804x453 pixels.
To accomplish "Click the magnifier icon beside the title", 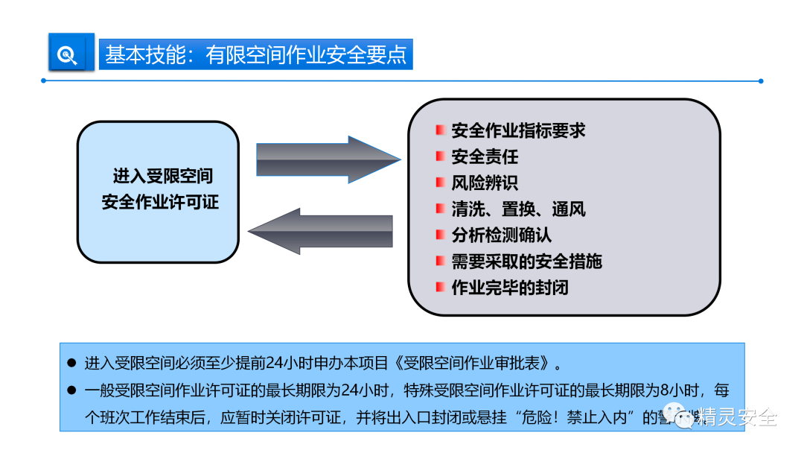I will tap(68, 54).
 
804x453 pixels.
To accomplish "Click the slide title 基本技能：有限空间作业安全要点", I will tap(255, 55).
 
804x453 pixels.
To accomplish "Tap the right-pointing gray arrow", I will tap(328, 159).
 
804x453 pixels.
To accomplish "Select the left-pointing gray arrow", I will tap(321, 231).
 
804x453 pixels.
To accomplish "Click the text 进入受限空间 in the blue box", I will tap(162, 177).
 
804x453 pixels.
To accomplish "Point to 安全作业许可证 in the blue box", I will tap(160, 202).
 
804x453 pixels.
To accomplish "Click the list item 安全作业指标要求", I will tap(518, 131).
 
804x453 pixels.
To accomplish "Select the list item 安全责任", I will tap(485, 157).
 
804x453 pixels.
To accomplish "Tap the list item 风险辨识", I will tap(485, 183).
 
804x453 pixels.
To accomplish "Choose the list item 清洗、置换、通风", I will tap(518, 209).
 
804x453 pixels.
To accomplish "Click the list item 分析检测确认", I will tap(501, 235).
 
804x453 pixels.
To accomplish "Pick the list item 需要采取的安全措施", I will tap(526, 262).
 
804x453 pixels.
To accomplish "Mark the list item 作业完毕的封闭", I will tap(510, 288).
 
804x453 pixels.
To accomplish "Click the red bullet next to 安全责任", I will tap(441, 156).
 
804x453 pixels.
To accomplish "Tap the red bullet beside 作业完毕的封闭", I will tap(441, 287).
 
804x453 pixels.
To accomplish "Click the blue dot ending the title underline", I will tap(760, 80).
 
